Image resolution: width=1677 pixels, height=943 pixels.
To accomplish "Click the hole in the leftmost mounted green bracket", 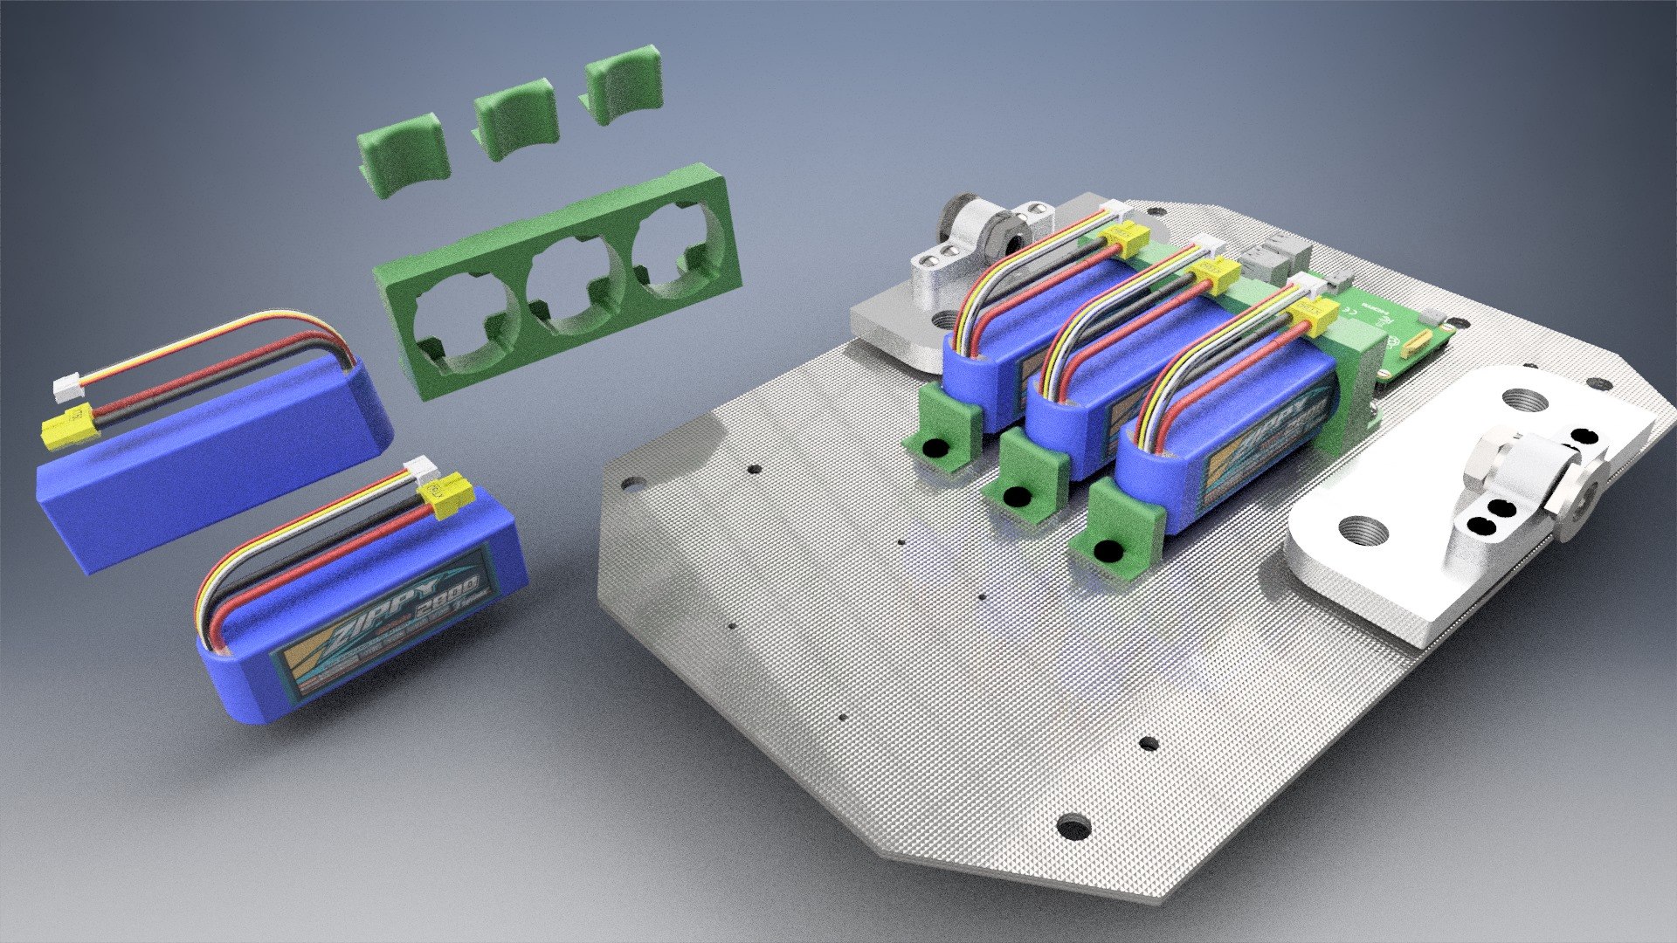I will point(935,448).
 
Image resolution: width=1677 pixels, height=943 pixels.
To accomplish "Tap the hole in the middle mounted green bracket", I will point(1015,497).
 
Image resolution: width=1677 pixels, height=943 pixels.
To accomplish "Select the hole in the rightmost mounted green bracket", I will point(1109,551).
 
